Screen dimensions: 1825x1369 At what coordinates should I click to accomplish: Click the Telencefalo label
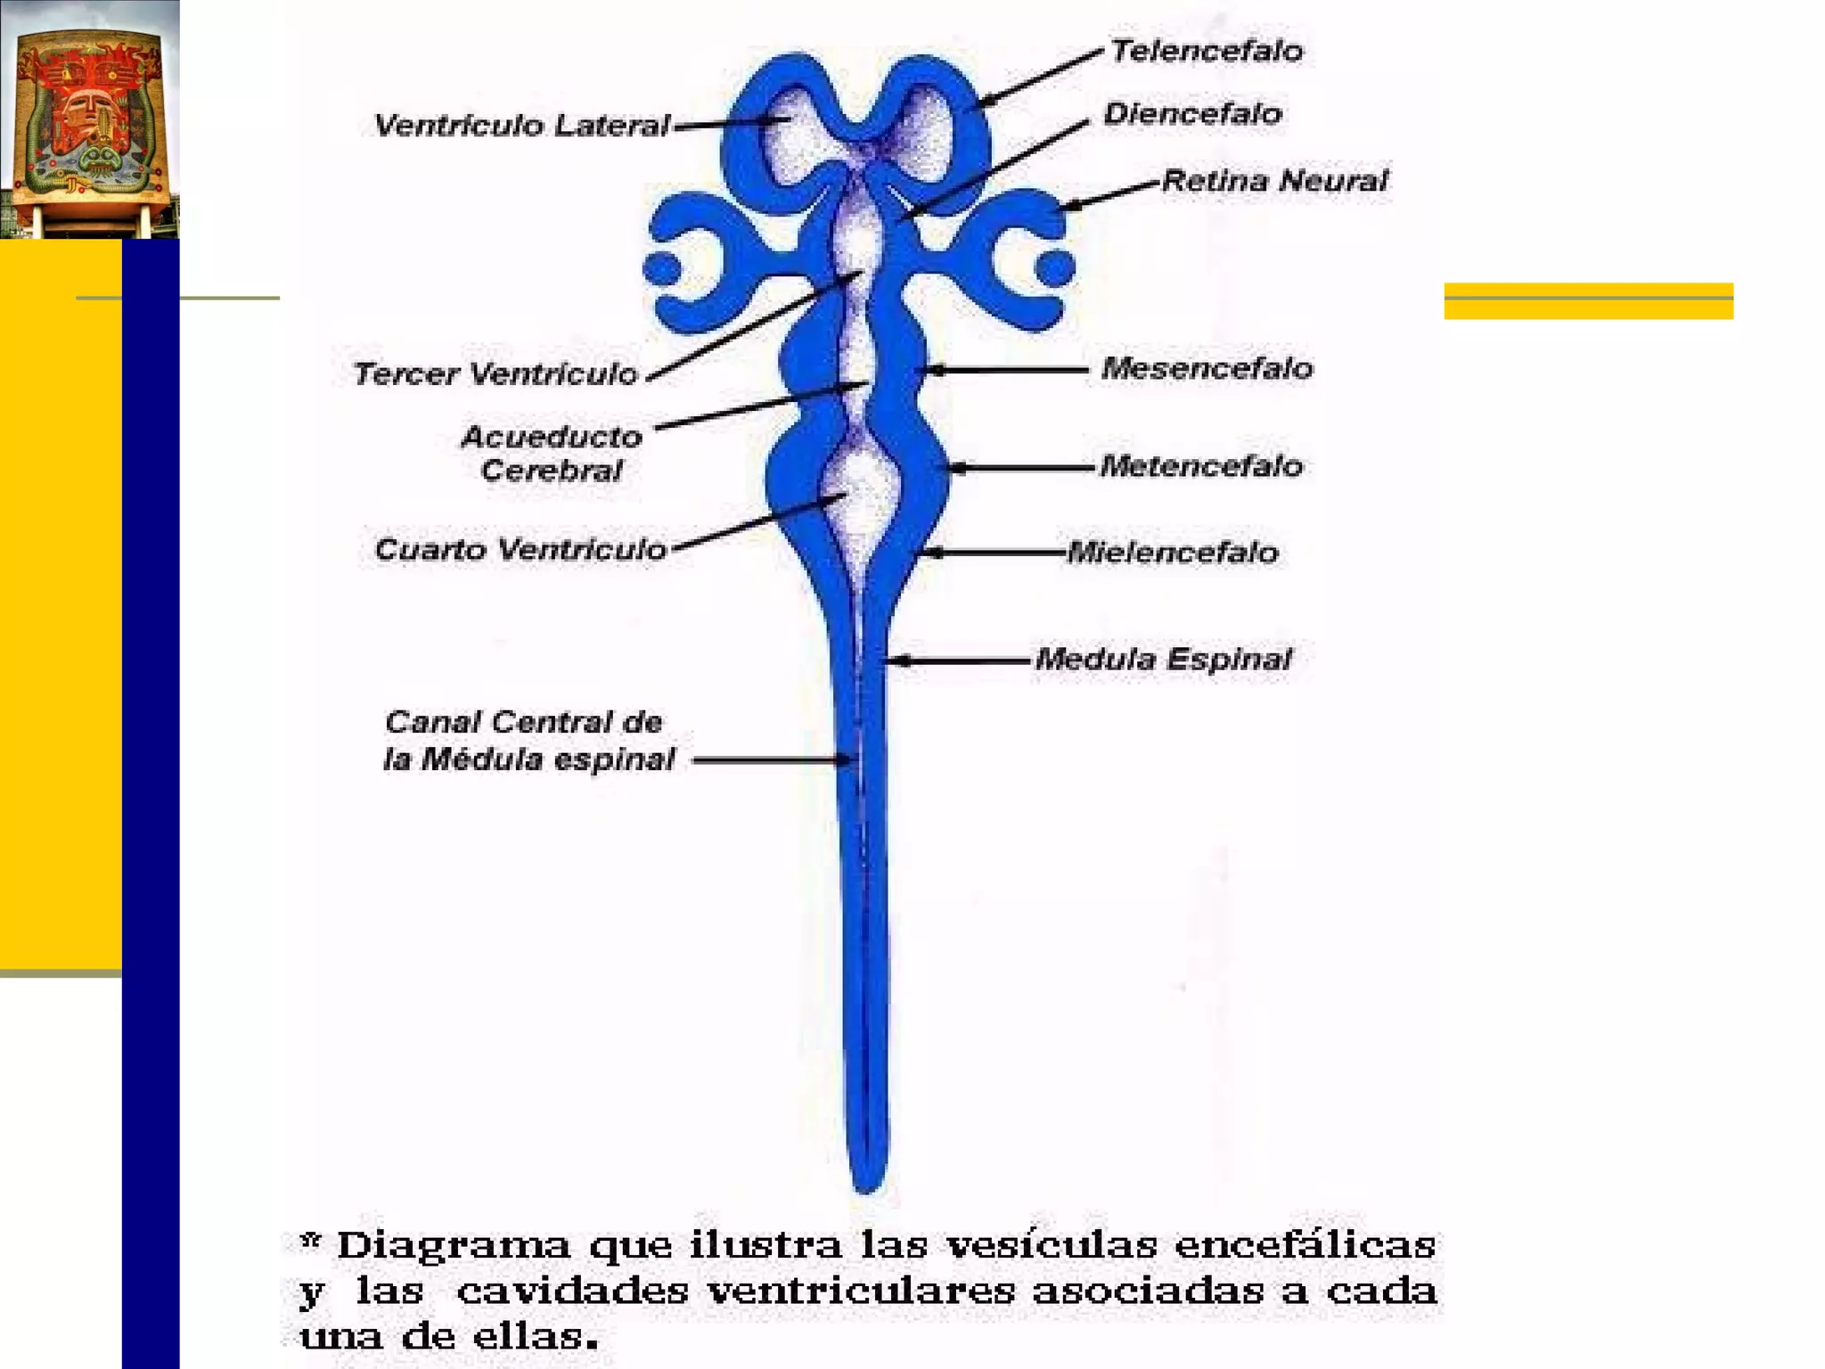click(1207, 51)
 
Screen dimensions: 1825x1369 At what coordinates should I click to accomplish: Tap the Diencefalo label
click(1192, 113)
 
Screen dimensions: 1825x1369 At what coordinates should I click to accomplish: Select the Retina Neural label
click(1275, 181)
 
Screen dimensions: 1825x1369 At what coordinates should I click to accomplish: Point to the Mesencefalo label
click(1207, 368)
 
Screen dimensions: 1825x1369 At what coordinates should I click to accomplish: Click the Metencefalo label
click(1201, 465)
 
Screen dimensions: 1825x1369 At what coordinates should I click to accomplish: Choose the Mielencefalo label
click(1173, 553)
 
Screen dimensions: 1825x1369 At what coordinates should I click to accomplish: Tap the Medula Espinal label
click(1163, 660)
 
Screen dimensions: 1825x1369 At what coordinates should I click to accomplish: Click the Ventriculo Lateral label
click(521, 126)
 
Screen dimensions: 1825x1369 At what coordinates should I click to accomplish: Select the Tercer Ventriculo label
click(495, 373)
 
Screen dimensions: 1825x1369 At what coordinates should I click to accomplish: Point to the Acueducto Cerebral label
click(552, 454)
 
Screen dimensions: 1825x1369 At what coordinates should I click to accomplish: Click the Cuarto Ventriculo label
click(520, 549)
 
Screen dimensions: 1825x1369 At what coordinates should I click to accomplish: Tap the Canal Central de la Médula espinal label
click(528, 741)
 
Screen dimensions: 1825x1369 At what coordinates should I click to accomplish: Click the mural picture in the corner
click(89, 119)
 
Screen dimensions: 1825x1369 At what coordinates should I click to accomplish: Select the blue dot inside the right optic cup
click(1055, 267)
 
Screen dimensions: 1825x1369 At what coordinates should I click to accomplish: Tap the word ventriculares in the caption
click(862, 1291)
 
